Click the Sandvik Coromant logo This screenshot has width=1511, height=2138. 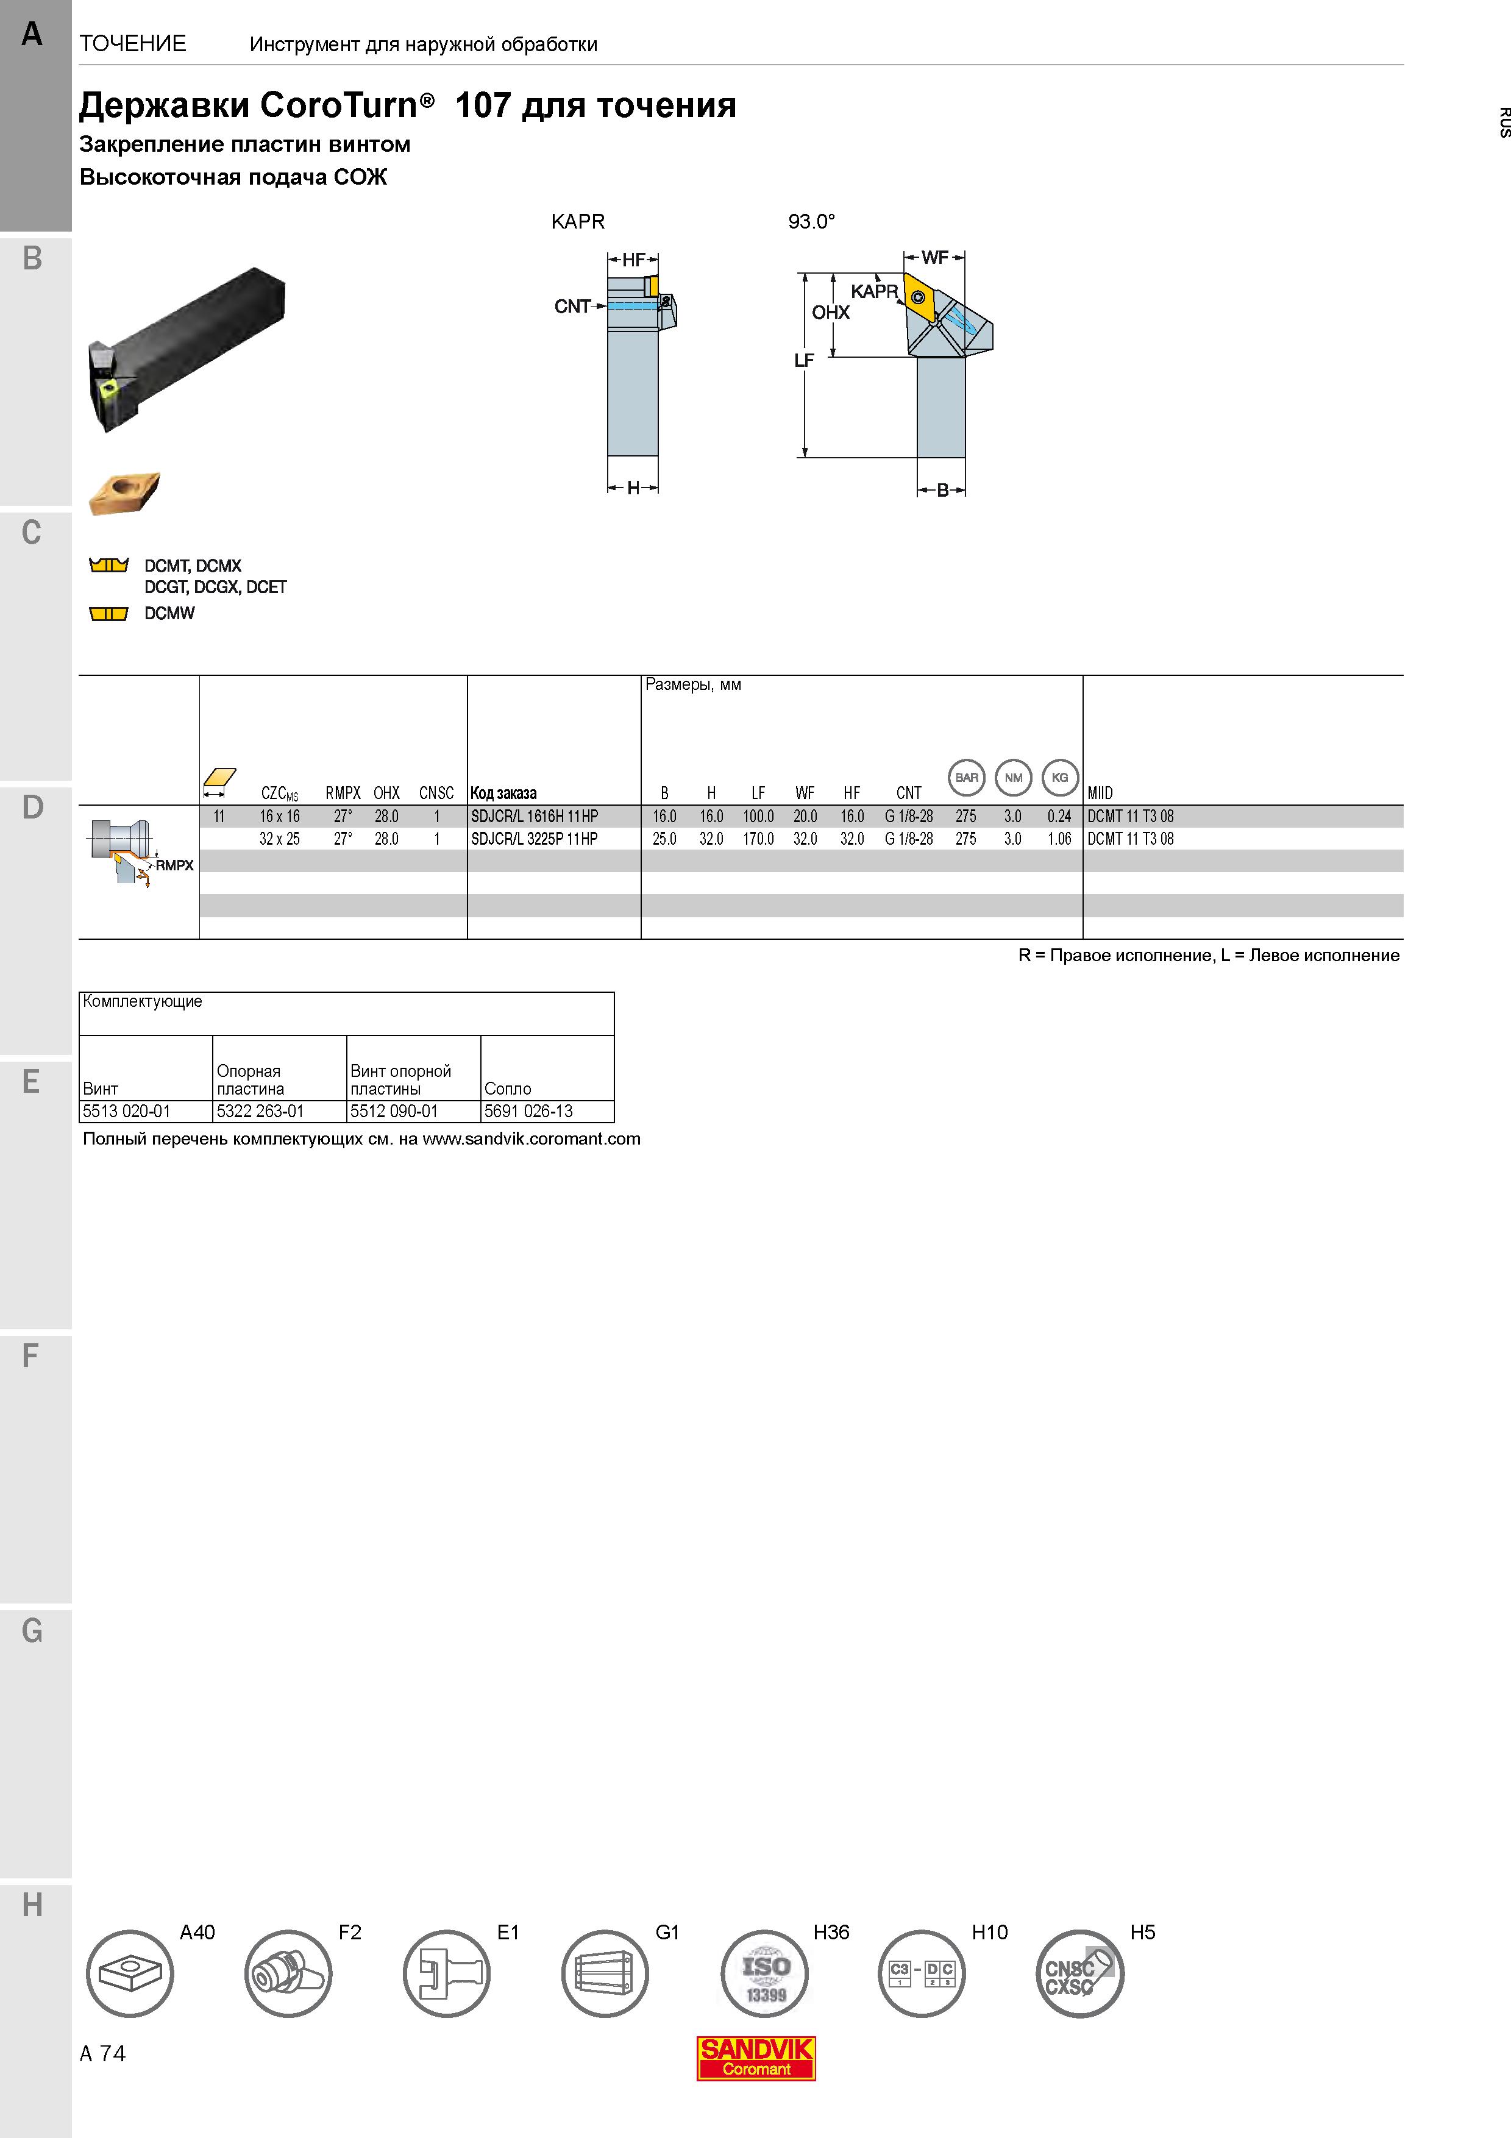tap(756, 2058)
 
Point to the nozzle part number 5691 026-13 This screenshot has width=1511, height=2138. tap(528, 1111)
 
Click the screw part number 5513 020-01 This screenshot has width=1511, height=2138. tap(127, 1111)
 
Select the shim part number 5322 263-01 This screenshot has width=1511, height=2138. tap(260, 1111)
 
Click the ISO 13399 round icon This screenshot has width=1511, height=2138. tap(764, 1974)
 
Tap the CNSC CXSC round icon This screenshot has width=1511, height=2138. tap(1080, 1974)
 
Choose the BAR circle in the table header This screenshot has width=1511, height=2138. tap(966, 778)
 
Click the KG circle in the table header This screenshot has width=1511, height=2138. tap(1059, 778)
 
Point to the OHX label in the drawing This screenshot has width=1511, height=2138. tap(830, 313)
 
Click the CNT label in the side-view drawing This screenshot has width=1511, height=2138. tap(572, 307)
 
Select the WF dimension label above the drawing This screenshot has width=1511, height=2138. tap(935, 257)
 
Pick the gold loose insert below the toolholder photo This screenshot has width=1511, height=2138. tap(124, 492)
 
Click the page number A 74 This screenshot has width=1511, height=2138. tap(102, 2054)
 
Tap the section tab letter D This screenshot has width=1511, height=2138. tap(32, 808)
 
